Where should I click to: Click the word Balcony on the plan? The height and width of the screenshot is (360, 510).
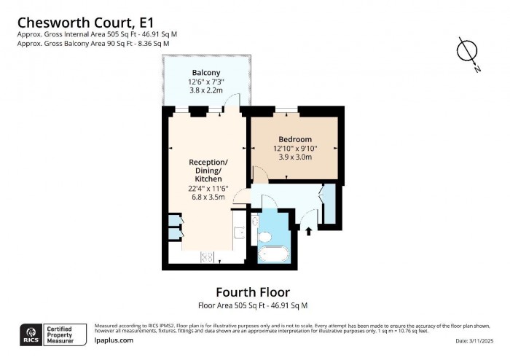pyautogui.click(x=206, y=73)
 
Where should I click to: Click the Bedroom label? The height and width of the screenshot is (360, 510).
pyautogui.click(x=295, y=139)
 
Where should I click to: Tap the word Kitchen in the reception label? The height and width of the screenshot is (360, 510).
pyautogui.click(x=208, y=179)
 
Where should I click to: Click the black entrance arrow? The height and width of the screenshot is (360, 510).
pyautogui.click(x=309, y=232)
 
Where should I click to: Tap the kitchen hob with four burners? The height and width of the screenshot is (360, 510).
pyautogui.click(x=207, y=257)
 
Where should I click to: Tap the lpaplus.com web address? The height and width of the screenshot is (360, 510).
pyautogui.click(x=114, y=340)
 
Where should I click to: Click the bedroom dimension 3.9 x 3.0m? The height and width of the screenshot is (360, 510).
pyautogui.click(x=293, y=157)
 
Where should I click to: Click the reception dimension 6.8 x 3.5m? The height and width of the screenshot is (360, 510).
pyautogui.click(x=208, y=197)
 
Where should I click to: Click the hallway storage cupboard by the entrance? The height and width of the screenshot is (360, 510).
pyautogui.click(x=328, y=204)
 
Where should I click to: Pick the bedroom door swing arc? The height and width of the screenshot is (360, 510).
pyautogui.click(x=260, y=173)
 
